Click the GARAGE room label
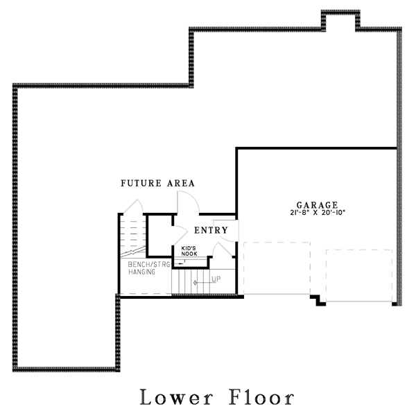(x=317, y=205)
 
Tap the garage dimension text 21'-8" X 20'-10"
(x=317, y=214)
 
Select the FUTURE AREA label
(x=157, y=184)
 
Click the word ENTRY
(x=211, y=230)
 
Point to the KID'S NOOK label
(x=190, y=251)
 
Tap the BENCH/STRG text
(x=148, y=264)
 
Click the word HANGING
(x=141, y=272)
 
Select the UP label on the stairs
(x=216, y=279)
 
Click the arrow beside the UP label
(x=202, y=282)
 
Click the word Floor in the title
(x=261, y=397)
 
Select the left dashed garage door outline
(x=277, y=268)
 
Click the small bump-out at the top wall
(x=340, y=19)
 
